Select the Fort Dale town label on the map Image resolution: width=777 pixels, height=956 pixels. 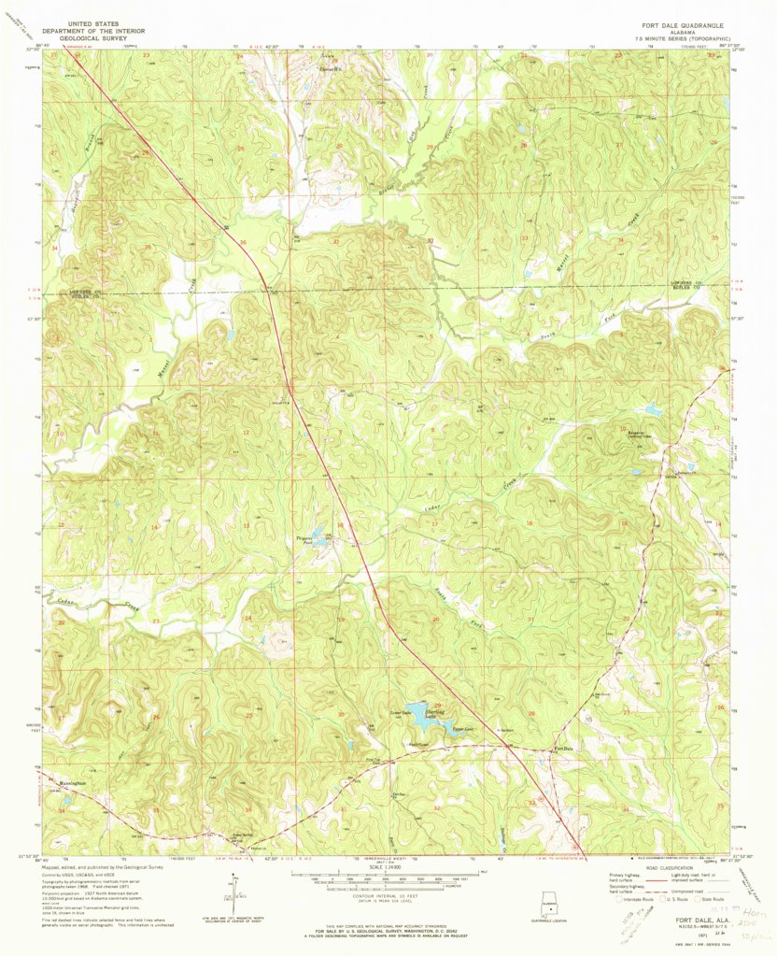click(563, 749)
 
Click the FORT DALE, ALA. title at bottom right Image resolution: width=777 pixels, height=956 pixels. click(692, 920)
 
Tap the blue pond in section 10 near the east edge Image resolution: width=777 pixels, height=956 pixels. click(653, 410)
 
